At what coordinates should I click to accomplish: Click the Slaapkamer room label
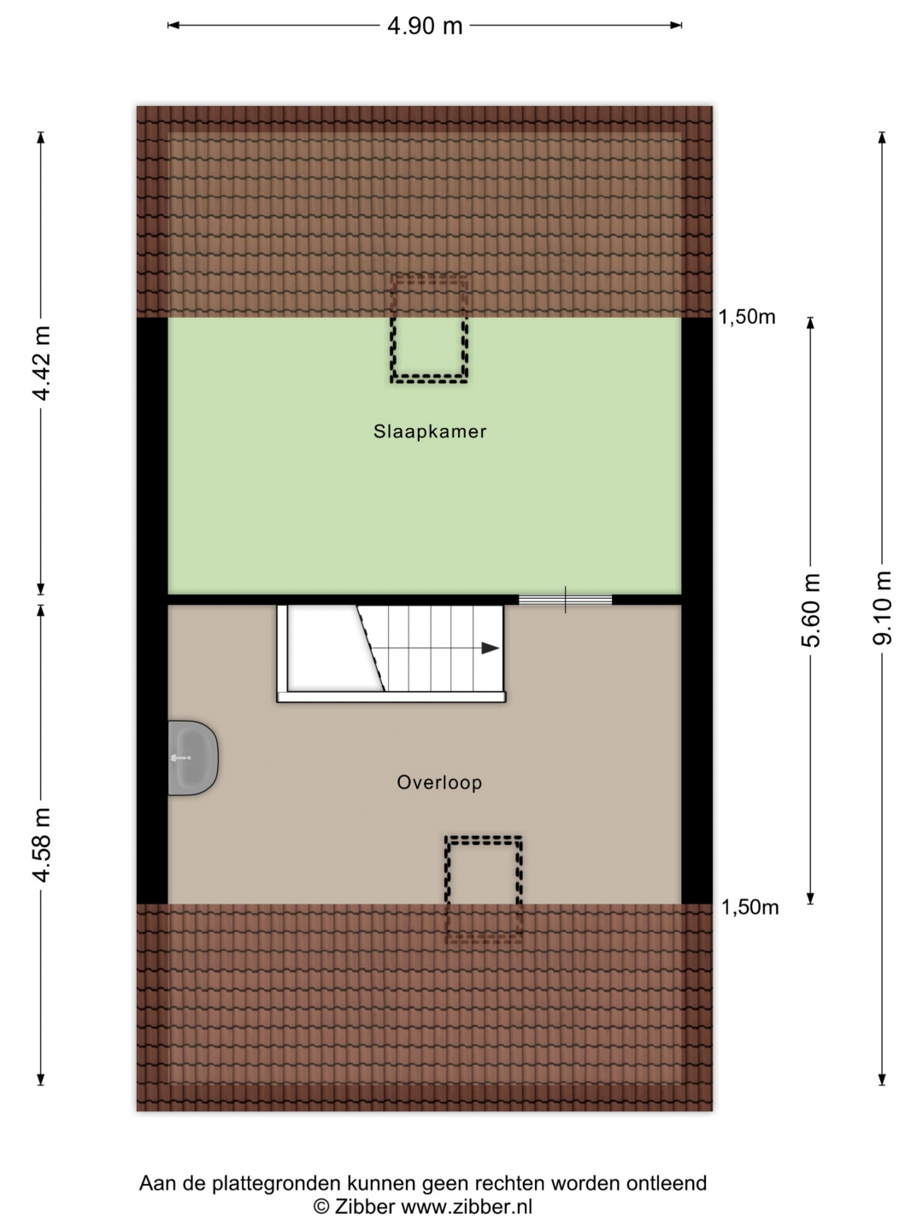point(430,431)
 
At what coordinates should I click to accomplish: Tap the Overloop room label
point(439,782)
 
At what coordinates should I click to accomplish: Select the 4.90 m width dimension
point(425,26)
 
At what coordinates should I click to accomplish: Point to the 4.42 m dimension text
point(42,363)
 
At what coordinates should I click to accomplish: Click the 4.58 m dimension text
point(42,845)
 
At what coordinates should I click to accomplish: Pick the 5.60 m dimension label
point(811,610)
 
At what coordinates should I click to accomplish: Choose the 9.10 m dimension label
point(882,608)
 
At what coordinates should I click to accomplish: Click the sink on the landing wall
point(193,758)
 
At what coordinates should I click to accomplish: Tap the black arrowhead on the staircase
point(490,648)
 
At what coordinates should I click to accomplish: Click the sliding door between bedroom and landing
point(565,600)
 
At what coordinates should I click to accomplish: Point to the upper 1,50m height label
point(747,317)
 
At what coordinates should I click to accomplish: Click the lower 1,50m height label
point(750,907)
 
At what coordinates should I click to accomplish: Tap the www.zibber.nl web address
point(467,1206)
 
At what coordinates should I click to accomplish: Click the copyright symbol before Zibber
point(321,1206)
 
